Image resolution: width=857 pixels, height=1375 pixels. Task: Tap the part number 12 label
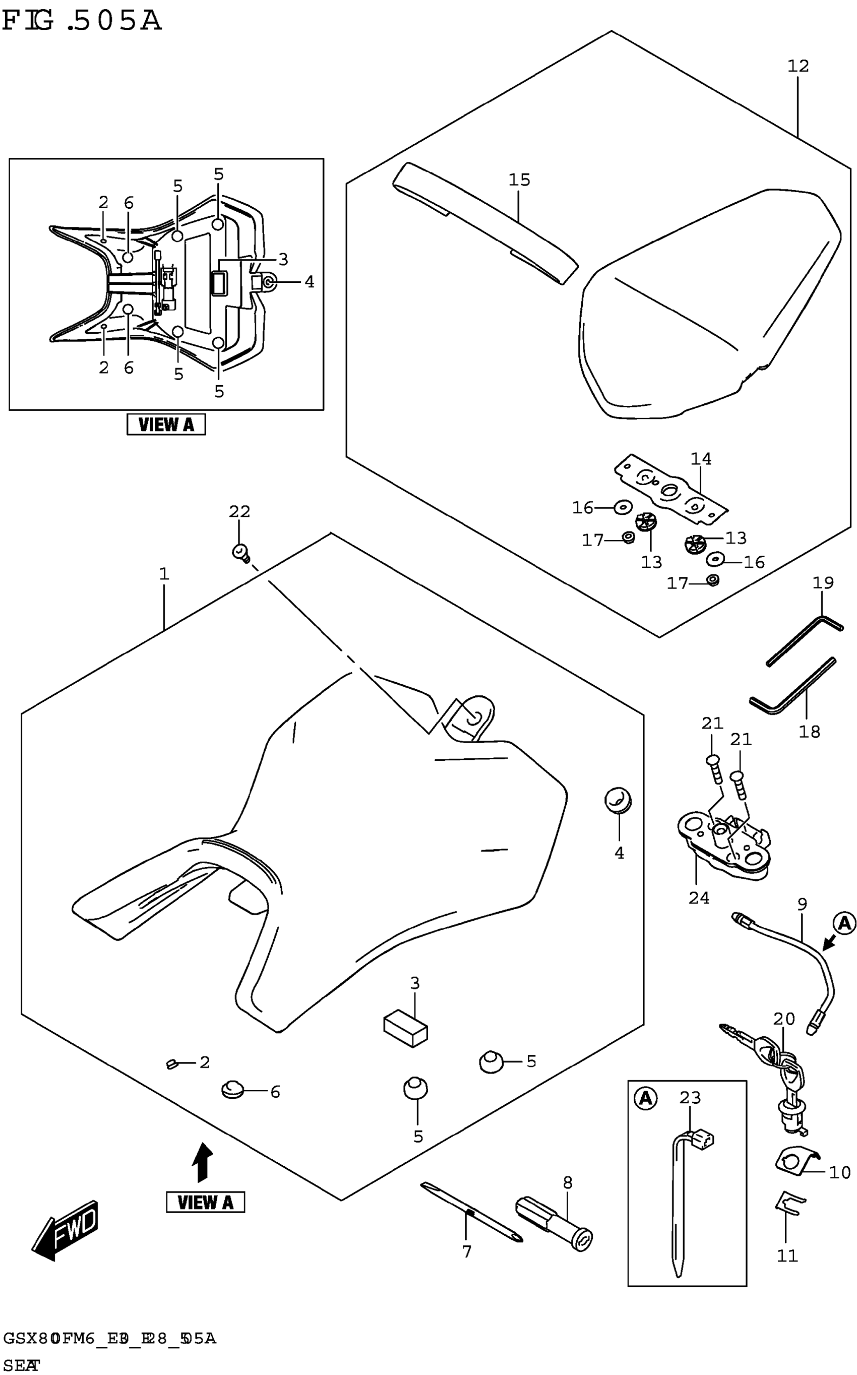point(798,67)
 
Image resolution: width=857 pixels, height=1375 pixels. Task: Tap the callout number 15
point(519,180)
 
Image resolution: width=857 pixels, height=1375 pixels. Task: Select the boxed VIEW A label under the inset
point(166,424)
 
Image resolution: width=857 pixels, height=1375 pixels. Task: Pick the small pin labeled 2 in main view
point(173,1063)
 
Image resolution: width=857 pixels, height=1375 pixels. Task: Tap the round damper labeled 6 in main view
point(232,1089)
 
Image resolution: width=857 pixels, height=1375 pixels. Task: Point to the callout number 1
point(164,574)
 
